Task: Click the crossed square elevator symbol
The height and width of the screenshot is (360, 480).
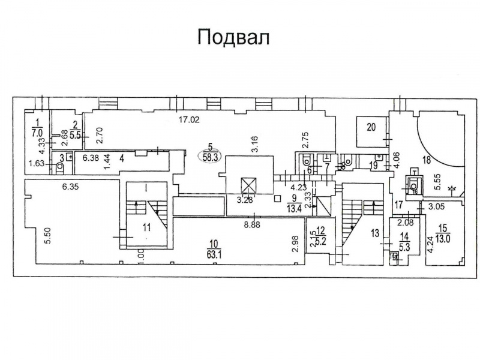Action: click(245, 184)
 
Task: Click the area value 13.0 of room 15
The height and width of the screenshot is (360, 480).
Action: click(445, 235)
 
